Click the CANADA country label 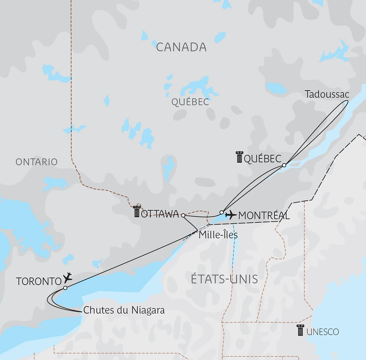181,47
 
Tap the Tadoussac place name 327,94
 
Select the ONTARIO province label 36,162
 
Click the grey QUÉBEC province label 190,102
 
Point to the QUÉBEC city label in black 262,159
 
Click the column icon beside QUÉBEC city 239,157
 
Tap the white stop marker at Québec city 284,165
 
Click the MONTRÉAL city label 264,216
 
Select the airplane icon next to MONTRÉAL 231,215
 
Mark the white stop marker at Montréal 221,212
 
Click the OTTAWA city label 160,214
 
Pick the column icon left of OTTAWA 137,212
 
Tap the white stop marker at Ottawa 183,215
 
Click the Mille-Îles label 218,235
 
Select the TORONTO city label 39,281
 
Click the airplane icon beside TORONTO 68,278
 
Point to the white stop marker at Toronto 65,288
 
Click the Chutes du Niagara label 124,310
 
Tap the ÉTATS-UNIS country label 224,279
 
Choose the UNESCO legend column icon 300,330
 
